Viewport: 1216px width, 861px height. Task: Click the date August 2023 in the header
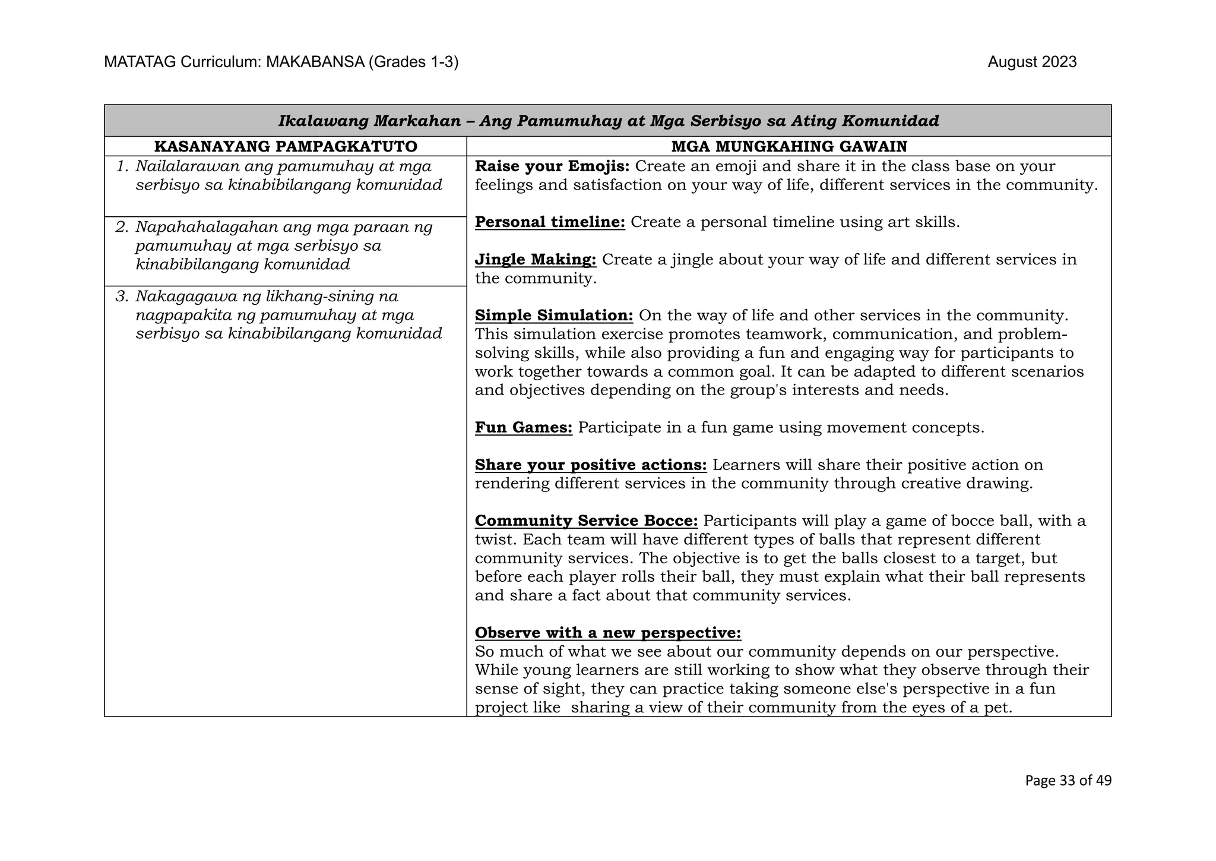[1031, 62]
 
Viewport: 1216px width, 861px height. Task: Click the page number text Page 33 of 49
[1068, 781]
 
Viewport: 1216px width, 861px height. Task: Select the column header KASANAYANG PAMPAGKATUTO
[286, 146]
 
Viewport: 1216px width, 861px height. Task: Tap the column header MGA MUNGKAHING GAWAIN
[788, 146]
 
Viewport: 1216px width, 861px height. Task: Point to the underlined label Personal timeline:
[550, 222]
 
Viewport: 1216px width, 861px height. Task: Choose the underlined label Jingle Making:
[535, 260]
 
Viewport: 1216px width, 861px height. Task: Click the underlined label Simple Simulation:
[554, 316]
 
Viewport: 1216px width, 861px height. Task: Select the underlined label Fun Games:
[523, 428]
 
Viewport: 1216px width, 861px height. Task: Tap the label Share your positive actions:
[590, 465]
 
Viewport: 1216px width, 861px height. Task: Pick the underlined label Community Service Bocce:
[586, 521]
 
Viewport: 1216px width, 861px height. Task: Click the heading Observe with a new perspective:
[607, 633]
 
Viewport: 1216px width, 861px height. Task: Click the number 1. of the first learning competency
[122, 167]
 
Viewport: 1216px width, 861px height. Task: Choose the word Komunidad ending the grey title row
[891, 121]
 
